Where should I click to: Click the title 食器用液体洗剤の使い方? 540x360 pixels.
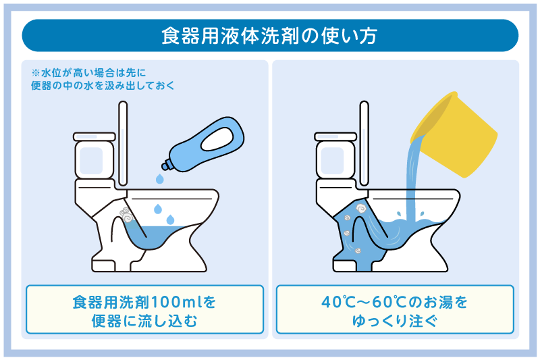pyautogui.click(x=270, y=35)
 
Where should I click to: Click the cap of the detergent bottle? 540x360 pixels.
pyautogui.click(x=165, y=163)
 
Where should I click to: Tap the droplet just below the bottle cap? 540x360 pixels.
pyautogui.click(x=159, y=180)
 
